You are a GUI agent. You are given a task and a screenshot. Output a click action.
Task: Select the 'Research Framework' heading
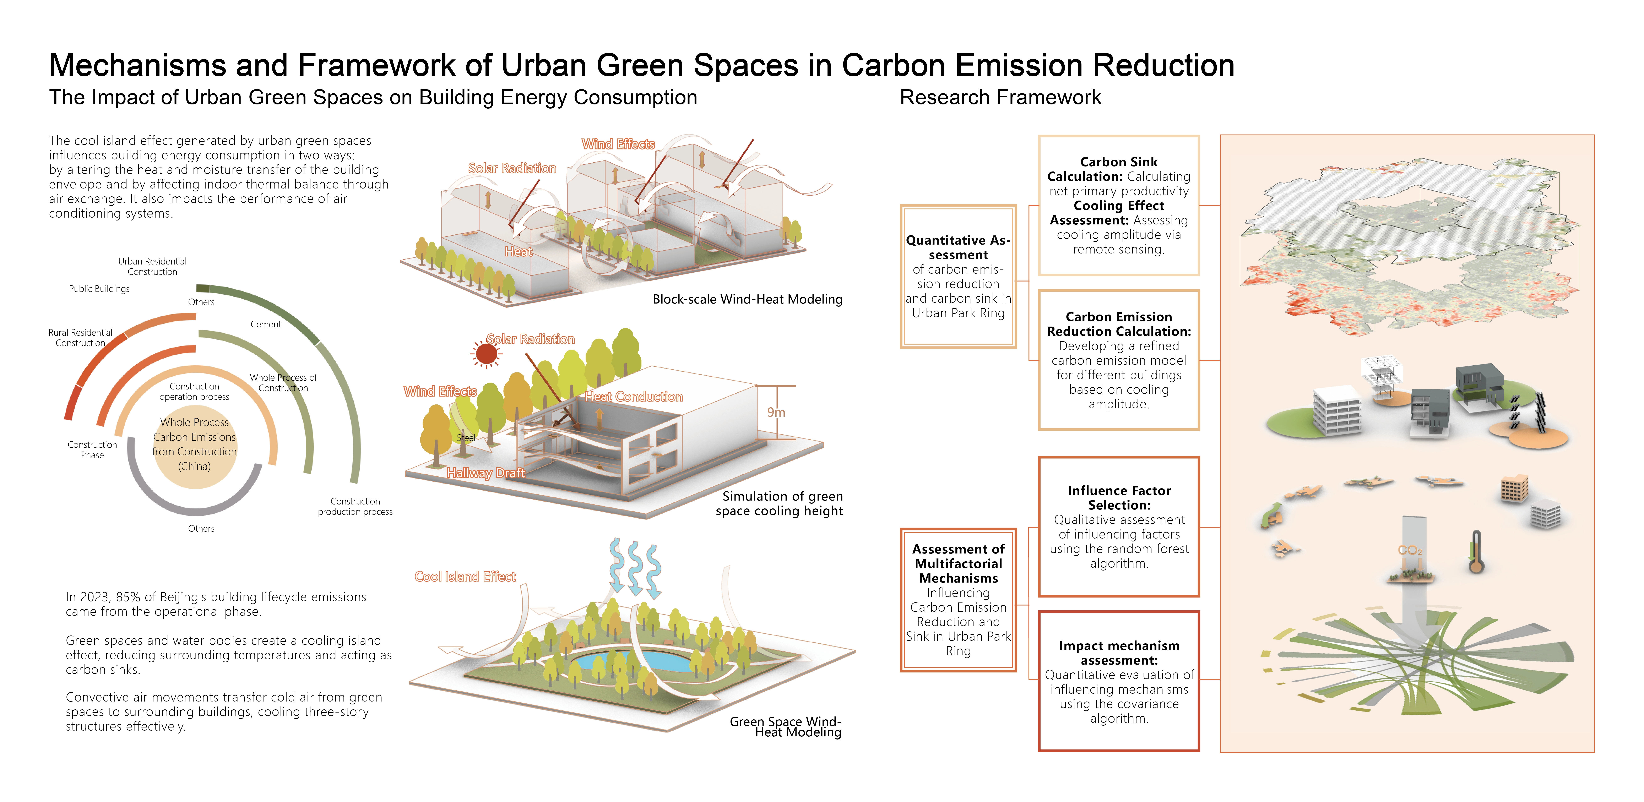point(1000,98)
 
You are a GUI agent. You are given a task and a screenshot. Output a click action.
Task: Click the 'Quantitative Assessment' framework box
point(958,276)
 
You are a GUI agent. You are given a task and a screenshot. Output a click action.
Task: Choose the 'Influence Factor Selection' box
point(1119,526)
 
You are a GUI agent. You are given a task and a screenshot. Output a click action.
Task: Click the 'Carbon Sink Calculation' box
point(1119,206)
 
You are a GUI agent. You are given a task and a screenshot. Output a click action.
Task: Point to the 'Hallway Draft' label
point(486,473)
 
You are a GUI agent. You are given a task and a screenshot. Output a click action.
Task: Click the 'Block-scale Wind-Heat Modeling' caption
point(747,299)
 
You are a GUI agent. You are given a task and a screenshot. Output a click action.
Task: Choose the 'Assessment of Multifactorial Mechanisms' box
point(958,600)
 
